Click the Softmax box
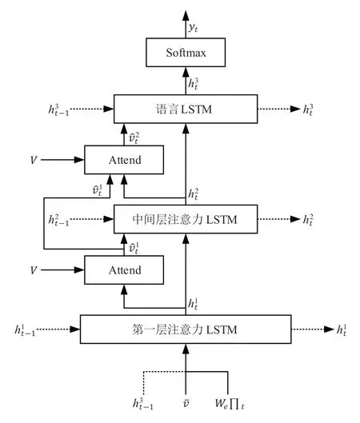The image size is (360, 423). pos(186,52)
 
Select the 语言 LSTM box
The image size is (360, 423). pos(186,109)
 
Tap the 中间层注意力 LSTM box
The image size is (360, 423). pos(186,219)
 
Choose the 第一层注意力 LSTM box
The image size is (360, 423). pos(186,329)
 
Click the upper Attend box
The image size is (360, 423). pos(124,160)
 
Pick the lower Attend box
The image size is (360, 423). pos(124,269)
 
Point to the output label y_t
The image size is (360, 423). pos(194,27)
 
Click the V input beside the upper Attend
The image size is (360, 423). pos(33,160)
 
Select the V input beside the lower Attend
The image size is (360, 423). pos(33,270)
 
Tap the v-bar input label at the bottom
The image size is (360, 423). pos(186,404)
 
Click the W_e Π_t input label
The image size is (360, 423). pos(230,404)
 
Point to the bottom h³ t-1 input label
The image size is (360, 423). pos(143,404)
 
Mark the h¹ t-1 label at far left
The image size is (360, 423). pos(25,329)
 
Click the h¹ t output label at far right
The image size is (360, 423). pos(341,329)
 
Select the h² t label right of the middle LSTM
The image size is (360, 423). pos(308,220)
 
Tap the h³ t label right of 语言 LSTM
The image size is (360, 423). pos(308,110)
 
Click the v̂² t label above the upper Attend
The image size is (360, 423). pos(134,138)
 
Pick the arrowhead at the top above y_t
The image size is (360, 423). pos(186,16)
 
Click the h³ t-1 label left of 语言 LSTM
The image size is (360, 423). pos(58,110)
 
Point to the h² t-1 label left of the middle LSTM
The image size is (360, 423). pos(58,220)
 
